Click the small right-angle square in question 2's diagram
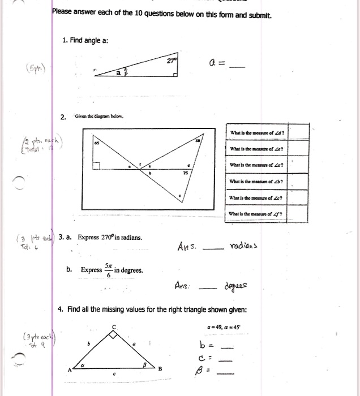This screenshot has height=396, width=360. [x=97, y=165]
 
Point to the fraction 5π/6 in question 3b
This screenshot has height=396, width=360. [x=109, y=270]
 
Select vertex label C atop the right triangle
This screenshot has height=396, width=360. [x=113, y=327]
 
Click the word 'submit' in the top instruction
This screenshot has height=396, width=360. [x=261, y=15]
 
